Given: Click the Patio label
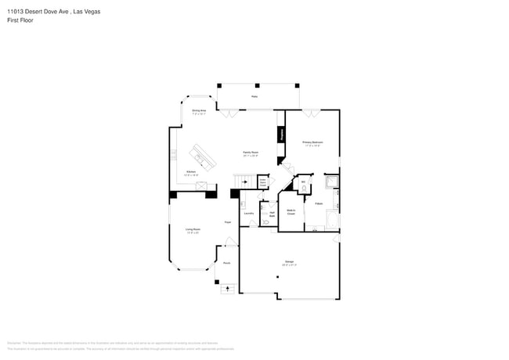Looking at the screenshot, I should [254, 96].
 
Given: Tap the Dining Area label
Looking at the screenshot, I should [199, 112].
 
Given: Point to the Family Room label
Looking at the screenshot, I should [250, 154].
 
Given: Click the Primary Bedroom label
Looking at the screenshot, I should [312, 142].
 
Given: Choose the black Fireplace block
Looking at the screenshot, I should [280, 135].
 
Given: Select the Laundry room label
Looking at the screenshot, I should [248, 213].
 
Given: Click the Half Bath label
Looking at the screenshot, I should [271, 213].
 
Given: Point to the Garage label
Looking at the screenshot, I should [289, 263].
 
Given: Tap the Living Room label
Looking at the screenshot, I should [192, 230].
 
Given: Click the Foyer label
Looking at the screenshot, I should [228, 223].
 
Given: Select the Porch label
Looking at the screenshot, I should [226, 263].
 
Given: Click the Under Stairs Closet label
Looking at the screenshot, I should [263, 182].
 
